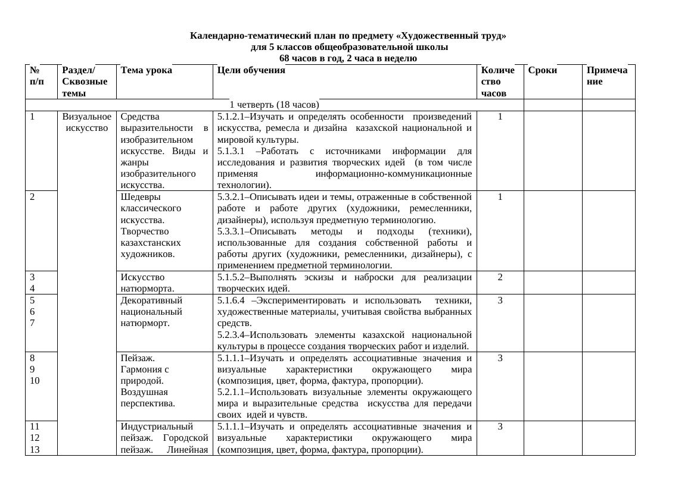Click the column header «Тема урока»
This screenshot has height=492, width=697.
pyautogui.click(x=146, y=70)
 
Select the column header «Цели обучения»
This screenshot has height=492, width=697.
pyautogui.click(x=251, y=70)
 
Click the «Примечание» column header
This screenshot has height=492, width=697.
pyautogui.click(x=606, y=76)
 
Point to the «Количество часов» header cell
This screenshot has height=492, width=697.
pyautogui.click(x=497, y=82)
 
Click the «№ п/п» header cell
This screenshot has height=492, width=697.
pyautogui.click(x=36, y=76)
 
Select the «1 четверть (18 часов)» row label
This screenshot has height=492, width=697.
pyautogui.click(x=274, y=105)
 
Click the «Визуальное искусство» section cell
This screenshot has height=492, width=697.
pyautogui.click(x=86, y=122)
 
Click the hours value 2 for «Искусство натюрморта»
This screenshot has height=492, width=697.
pyautogui.click(x=500, y=277)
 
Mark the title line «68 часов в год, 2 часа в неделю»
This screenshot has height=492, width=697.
pyautogui.click(x=348, y=58)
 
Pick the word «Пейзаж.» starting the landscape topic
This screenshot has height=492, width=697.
pyautogui.click(x=138, y=358)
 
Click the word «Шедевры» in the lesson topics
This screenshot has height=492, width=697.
pyautogui.click(x=141, y=196)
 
